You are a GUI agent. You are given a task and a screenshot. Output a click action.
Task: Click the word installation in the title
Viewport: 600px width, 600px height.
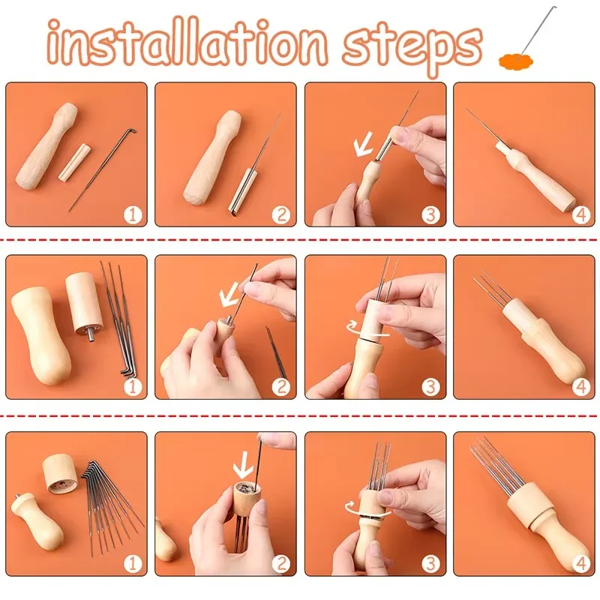point(187,42)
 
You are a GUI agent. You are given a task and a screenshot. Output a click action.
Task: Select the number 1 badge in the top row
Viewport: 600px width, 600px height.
point(133,214)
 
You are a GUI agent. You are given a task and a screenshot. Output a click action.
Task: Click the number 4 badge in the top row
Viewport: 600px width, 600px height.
point(580,214)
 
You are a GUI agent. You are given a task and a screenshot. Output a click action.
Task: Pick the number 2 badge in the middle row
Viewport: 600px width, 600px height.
point(281,387)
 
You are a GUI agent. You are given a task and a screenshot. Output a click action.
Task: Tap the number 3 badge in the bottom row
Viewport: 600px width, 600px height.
point(430,564)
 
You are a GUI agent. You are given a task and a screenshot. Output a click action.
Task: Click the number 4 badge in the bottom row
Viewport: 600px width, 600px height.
point(580,564)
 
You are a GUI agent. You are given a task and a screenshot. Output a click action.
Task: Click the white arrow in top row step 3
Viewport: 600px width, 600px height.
point(362,145)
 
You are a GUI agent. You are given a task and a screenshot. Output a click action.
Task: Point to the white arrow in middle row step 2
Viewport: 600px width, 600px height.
point(229,295)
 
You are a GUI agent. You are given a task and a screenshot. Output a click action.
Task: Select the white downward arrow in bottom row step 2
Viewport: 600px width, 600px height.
point(243,466)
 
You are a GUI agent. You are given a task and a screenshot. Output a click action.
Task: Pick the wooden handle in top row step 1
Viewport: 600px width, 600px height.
point(46,146)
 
